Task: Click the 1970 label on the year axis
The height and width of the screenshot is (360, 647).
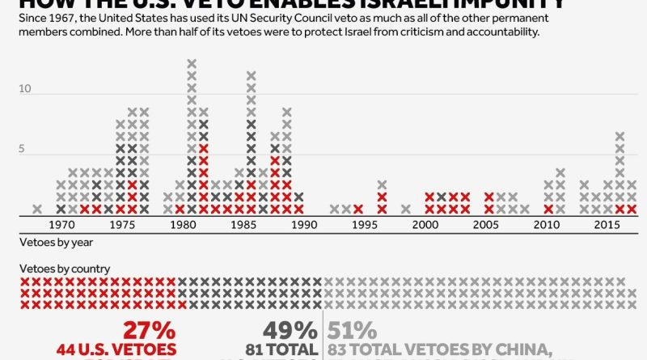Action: pos(60,224)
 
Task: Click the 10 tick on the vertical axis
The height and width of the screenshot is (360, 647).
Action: pos(24,88)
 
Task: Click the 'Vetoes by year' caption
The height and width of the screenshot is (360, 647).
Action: pos(48,241)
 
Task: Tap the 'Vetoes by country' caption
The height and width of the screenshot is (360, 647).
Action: pos(54,269)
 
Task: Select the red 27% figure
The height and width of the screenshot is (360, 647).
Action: pos(149,330)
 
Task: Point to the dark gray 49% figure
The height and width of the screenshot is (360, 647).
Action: pos(290,330)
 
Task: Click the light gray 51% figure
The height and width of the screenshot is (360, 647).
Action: pos(352,330)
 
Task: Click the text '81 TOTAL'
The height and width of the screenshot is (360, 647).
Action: pos(284,349)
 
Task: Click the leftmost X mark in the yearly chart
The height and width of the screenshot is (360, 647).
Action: pos(37,209)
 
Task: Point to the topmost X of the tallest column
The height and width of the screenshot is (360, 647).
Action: pos(192,63)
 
